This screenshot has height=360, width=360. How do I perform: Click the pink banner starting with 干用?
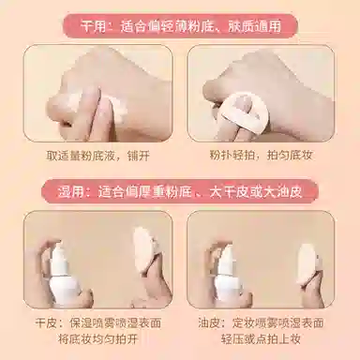(180, 26)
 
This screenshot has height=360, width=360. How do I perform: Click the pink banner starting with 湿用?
(180, 191)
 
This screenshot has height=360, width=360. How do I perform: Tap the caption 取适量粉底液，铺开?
(98, 156)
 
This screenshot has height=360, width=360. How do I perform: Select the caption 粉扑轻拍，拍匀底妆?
(261, 155)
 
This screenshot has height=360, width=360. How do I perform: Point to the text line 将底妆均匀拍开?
(98, 338)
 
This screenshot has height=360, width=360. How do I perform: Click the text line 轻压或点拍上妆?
(261, 338)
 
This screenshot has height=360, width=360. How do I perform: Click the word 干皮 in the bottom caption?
(47, 322)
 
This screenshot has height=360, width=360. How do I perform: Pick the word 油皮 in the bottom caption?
(210, 322)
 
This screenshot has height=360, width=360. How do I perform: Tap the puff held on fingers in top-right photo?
(246, 112)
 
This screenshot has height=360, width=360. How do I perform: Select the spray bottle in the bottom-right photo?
(229, 275)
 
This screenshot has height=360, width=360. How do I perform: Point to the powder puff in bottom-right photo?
(307, 263)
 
